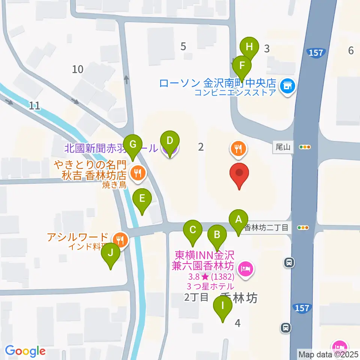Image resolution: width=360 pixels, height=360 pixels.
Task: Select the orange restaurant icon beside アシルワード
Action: click(120, 239)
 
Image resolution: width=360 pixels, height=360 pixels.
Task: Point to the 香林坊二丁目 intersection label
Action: click(267, 227)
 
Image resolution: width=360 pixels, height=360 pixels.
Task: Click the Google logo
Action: click(25, 351)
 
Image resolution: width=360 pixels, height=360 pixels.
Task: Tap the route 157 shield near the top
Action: click(316, 53)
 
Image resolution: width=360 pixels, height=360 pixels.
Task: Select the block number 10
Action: click(78, 69)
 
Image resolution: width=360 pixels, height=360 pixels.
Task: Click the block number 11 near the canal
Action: click(34, 106)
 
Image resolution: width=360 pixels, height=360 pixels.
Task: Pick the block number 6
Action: click(351, 50)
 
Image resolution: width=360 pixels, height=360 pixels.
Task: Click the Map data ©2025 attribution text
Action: click(328, 354)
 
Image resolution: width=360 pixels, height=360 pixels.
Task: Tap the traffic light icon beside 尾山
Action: click(304, 147)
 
